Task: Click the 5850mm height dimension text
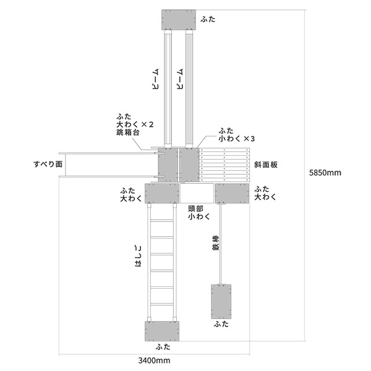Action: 325,173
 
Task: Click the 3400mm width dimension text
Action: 154,360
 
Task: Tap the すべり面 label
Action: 48,164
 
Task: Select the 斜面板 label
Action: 266,164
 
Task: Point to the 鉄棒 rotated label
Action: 216,243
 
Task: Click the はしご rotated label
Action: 138,256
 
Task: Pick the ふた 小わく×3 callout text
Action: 237,135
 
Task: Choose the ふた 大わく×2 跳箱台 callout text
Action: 135,124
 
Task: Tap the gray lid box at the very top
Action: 179,20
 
